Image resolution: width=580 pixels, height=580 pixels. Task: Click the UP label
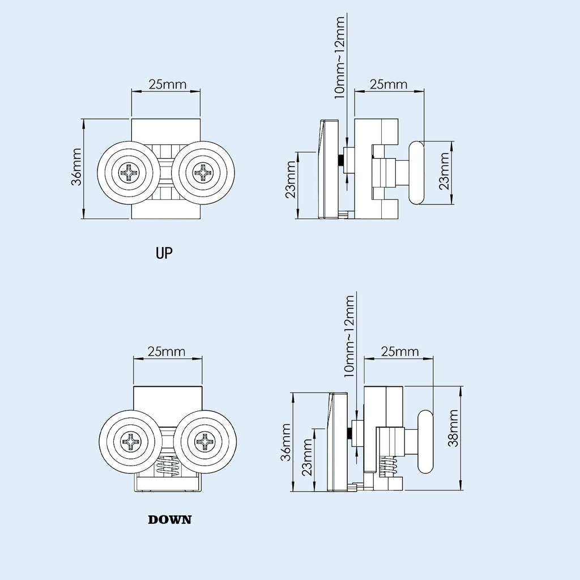click(164, 253)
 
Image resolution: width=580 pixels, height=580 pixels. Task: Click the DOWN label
click(169, 519)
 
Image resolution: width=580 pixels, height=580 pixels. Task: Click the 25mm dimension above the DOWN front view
click(167, 351)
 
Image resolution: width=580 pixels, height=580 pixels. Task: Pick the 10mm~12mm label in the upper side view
click(339, 57)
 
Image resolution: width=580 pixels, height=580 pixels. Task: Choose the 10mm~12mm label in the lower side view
click(349, 335)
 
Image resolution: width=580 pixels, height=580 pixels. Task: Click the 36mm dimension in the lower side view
click(287, 442)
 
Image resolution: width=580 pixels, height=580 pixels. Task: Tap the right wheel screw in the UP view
click(203, 172)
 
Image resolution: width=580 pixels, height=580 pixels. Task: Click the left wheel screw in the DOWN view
click(130, 441)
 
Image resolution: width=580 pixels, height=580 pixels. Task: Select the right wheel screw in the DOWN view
click(204, 441)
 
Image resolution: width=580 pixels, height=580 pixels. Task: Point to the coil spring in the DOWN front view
click(168, 467)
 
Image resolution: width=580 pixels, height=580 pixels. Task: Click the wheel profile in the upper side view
click(417, 173)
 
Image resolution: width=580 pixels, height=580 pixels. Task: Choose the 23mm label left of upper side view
click(291, 180)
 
